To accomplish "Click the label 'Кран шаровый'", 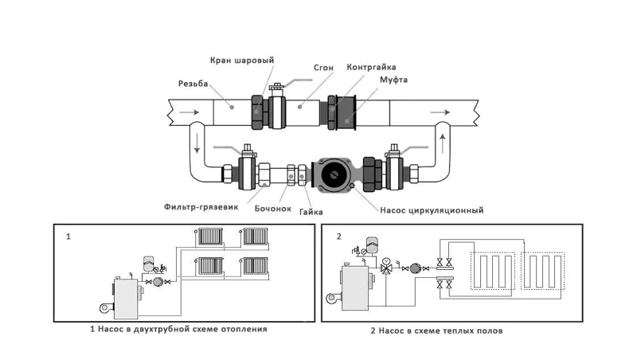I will pos(242,61).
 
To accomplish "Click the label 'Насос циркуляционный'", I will pos(433,210).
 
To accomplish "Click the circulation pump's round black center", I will pos(334,174).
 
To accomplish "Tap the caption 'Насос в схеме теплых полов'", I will pos(437,330).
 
